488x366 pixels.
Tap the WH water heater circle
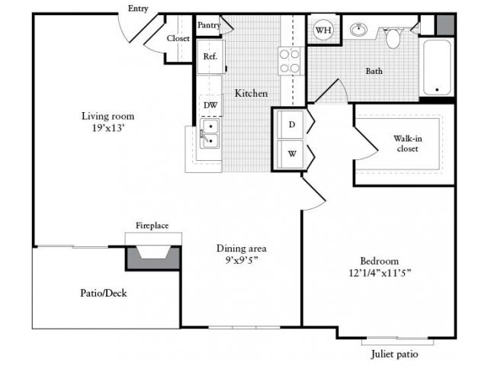pos(323,30)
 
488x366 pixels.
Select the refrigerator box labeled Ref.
pos(210,56)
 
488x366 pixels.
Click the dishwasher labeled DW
pos(210,104)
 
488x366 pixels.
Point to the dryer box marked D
pos(291,124)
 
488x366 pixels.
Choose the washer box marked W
pos(291,152)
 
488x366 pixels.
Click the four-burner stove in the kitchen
pos(290,60)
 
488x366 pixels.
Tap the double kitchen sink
pos(209,133)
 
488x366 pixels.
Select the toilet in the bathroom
pos(393,37)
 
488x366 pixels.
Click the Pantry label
pos(209,25)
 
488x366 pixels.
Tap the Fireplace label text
pos(152,226)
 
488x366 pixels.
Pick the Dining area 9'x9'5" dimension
pos(240,254)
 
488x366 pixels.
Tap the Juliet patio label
pos(394,355)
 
